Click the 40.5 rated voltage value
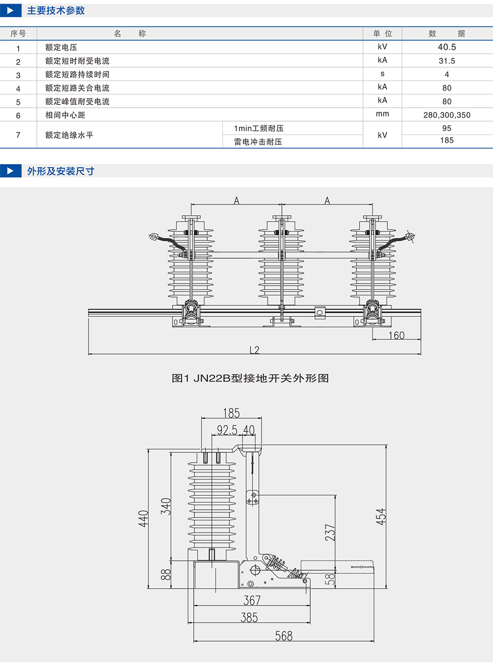(x=446, y=47)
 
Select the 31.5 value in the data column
(x=446, y=61)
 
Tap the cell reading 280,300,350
(x=446, y=115)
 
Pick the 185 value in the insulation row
(x=446, y=140)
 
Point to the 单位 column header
(x=383, y=34)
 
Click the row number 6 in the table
(x=18, y=115)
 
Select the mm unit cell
(x=383, y=114)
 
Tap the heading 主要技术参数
(x=56, y=10)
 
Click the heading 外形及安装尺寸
(x=61, y=171)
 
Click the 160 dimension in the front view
(x=396, y=335)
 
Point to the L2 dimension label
(x=254, y=350)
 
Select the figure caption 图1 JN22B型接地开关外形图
(x=250, y=378)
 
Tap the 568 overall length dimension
(x=284, y=636)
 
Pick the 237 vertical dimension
(x=330, y=532)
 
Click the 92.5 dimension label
(x=227, y=430)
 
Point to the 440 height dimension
(x=143, y=519)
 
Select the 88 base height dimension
(x=166, y=574)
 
